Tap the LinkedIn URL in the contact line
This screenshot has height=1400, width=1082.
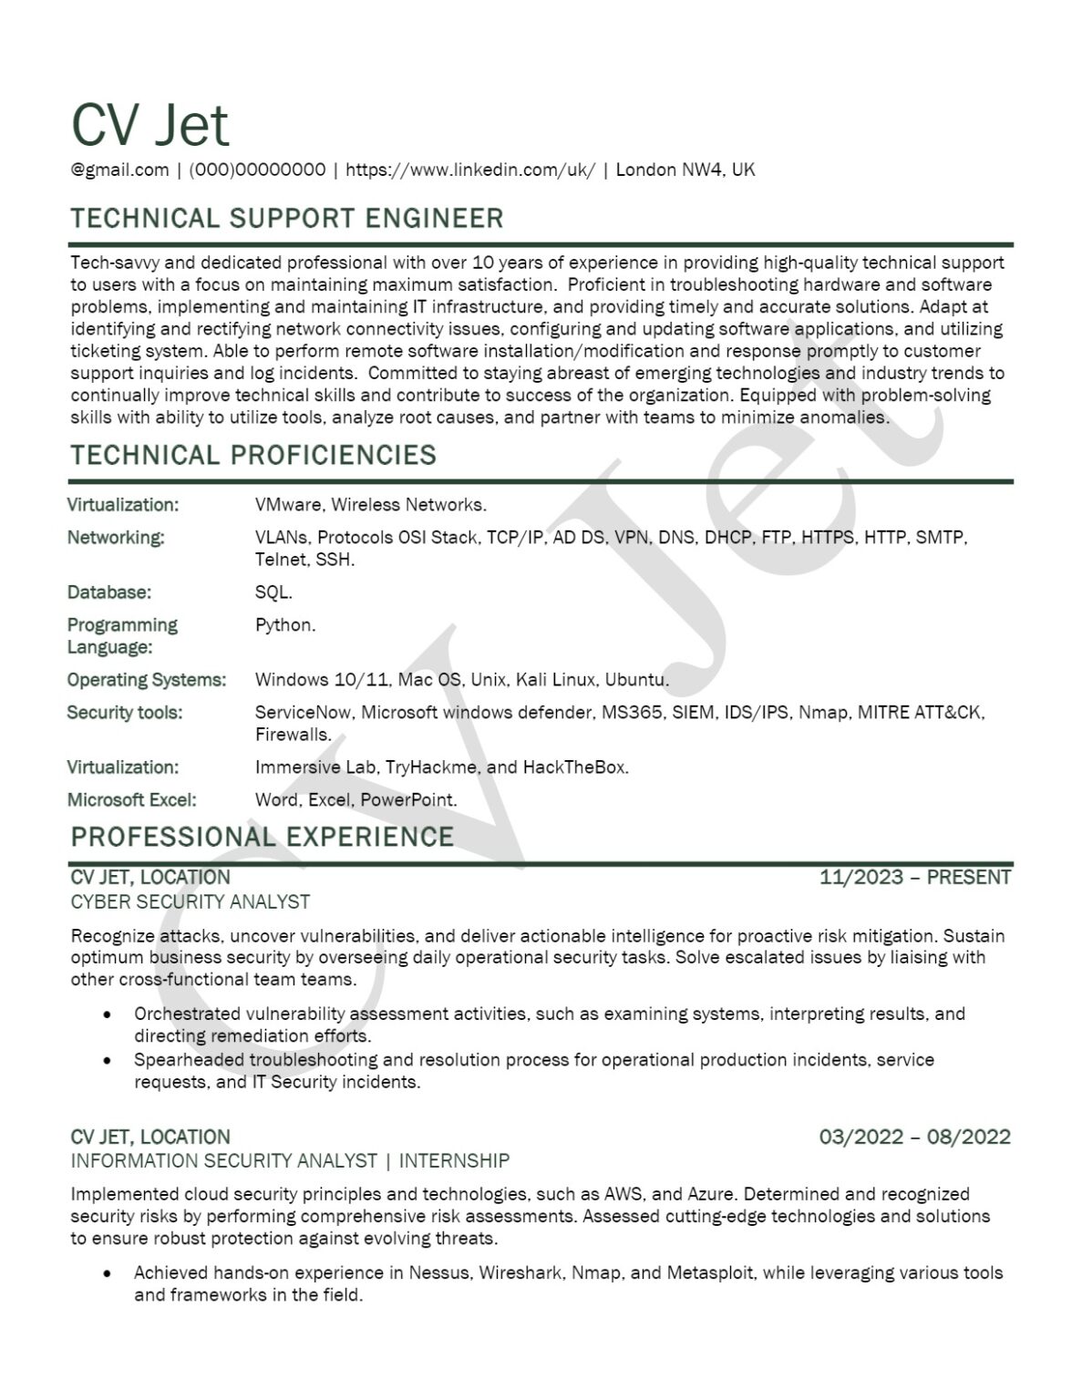(470, 170)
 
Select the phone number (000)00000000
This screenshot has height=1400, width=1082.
(257, 170)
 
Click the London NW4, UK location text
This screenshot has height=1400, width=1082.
(685, 170)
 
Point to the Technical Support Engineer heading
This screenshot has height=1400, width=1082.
(287, 219)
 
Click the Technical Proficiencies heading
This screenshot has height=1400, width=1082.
(253, 455)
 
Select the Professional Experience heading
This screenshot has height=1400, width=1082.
(263, 837)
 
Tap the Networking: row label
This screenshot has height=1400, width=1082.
(116, 538)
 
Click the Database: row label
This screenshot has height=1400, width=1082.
(109, 592)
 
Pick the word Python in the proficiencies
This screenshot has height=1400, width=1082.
(284, 625)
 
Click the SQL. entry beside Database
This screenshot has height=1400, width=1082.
(273, 592)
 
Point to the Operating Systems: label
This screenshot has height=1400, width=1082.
(147, 680)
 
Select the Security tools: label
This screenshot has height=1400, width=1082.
(125, 713)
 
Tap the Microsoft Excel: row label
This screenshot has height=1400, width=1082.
(132, 800)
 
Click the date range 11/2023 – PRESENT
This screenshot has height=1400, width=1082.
(915, 878)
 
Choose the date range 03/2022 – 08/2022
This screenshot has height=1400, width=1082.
(915, 1137)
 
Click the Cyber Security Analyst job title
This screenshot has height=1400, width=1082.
(191, 902)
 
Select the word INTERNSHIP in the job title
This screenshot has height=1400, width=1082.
(454, 1161)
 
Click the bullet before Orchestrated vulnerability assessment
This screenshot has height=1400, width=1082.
(108, 1014)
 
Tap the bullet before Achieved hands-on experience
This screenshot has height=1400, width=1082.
(108, 1273)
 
